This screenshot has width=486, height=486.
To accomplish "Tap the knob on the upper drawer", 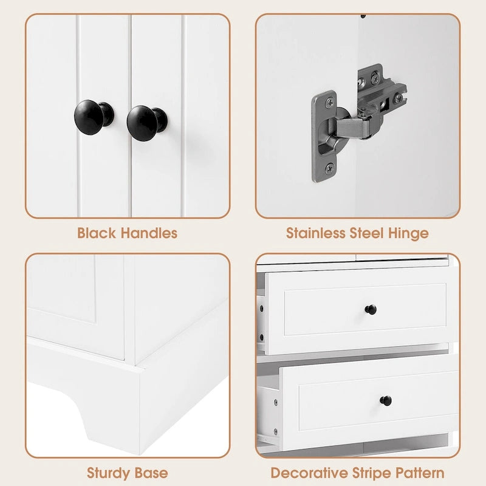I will point(370,310).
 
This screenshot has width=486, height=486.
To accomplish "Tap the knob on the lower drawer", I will point(386,400).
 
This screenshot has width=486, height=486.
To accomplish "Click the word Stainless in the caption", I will point(315,233).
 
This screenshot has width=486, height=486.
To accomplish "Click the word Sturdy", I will point(109,472).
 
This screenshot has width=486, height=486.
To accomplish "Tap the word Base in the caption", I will point(152,472).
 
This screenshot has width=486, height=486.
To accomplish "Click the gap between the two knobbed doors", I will point(130,115).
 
